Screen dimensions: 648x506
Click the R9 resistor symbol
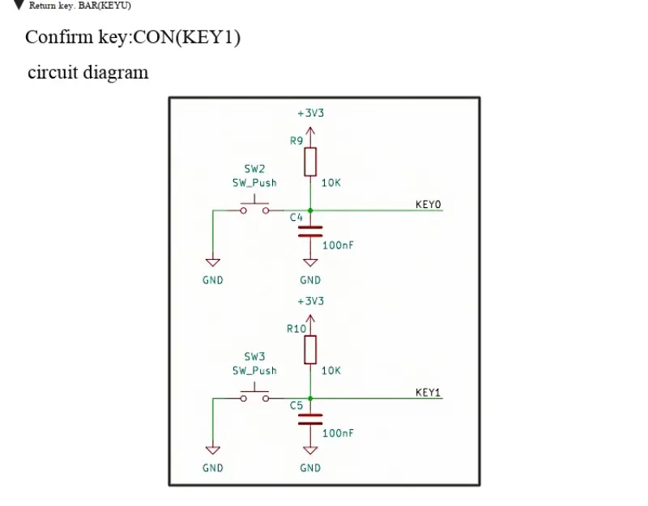310,162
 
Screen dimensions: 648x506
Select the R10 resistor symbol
310,350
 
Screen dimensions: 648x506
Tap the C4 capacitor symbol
310,232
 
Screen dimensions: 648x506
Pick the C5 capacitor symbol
310,419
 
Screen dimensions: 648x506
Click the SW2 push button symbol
254,206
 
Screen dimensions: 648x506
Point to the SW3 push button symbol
254,394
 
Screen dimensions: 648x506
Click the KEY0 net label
428,205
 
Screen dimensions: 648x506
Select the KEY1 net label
428,393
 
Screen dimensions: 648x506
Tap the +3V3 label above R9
311,113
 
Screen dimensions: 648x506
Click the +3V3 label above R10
311,301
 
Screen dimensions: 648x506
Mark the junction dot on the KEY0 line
310,210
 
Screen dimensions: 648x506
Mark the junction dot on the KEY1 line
310,398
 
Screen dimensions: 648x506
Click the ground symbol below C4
310,262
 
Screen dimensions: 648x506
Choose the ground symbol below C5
310,450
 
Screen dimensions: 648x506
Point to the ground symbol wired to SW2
213,262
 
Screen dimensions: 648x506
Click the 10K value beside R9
331,183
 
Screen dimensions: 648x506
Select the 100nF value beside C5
338,433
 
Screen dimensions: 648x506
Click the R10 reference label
296,329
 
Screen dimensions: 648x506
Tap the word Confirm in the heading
59,36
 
